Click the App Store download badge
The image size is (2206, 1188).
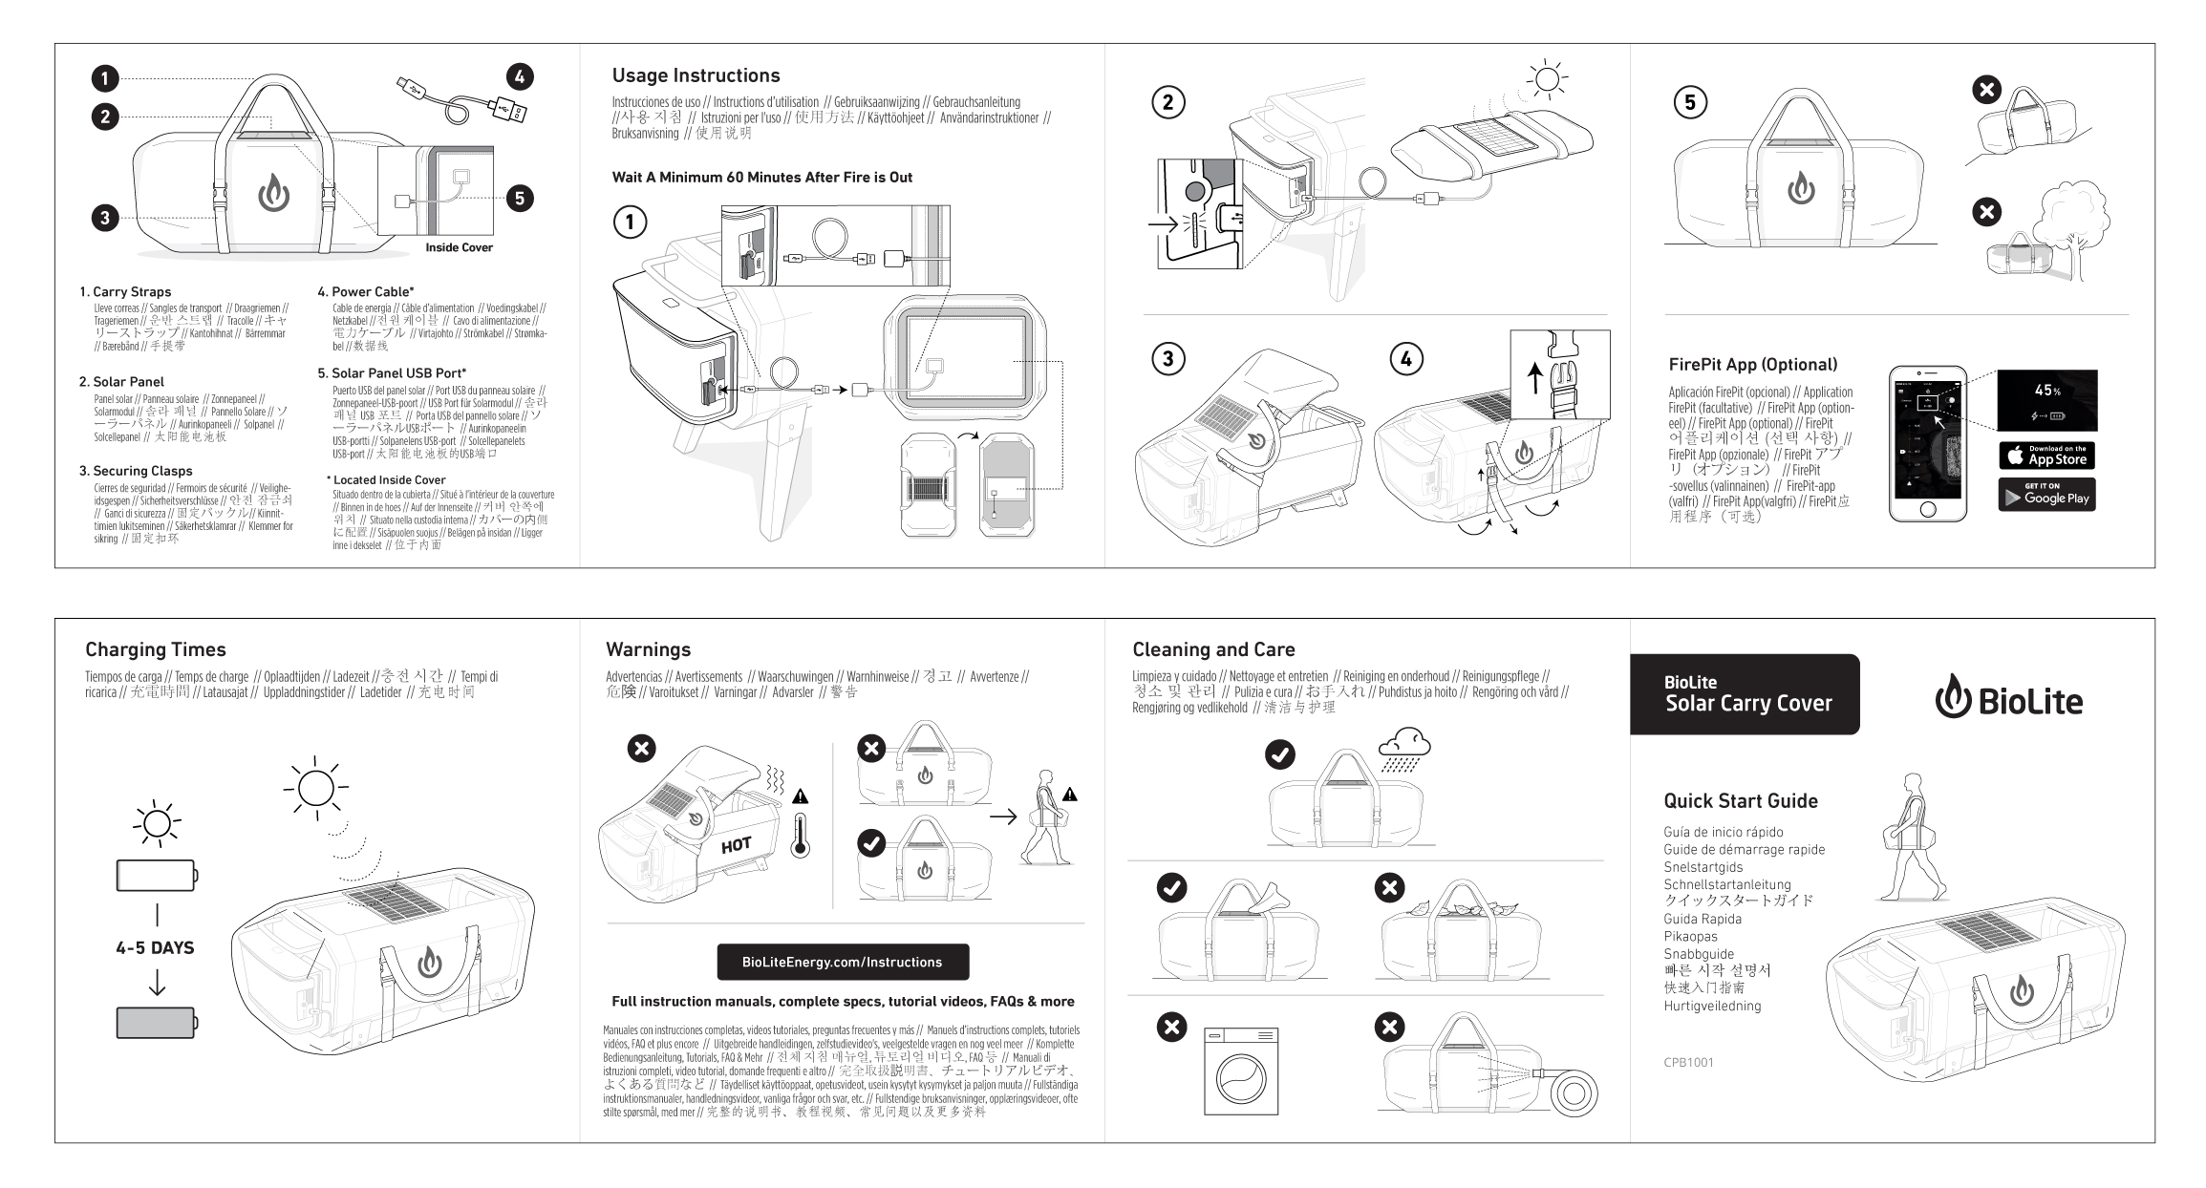tap(2046, 456)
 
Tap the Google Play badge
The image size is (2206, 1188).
tap(2046, 495)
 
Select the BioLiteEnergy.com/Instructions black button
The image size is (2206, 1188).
tap(843, 962)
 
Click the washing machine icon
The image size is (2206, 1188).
tap(1241, 1071)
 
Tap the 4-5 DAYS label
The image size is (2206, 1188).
tap(155, 947)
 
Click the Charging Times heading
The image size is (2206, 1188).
tap(156, 649)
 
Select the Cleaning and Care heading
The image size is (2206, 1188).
tap(1213, 649)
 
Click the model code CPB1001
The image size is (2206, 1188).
tap(1688, 1061)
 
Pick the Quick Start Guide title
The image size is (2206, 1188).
tap(1740, 801)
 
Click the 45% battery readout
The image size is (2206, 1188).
tap(2047, 391)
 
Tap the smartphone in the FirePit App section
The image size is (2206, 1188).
tap(1927, 444)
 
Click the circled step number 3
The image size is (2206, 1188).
tap(1167, 359)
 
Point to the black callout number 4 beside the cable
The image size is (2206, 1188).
tap(519, 77)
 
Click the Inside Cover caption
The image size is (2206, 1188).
tap(459, 247)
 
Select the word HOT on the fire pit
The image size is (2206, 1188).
tap(736, 845)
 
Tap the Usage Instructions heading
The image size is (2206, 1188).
tap(696, 75)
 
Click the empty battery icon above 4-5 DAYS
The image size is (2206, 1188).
tap(157, 875)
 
